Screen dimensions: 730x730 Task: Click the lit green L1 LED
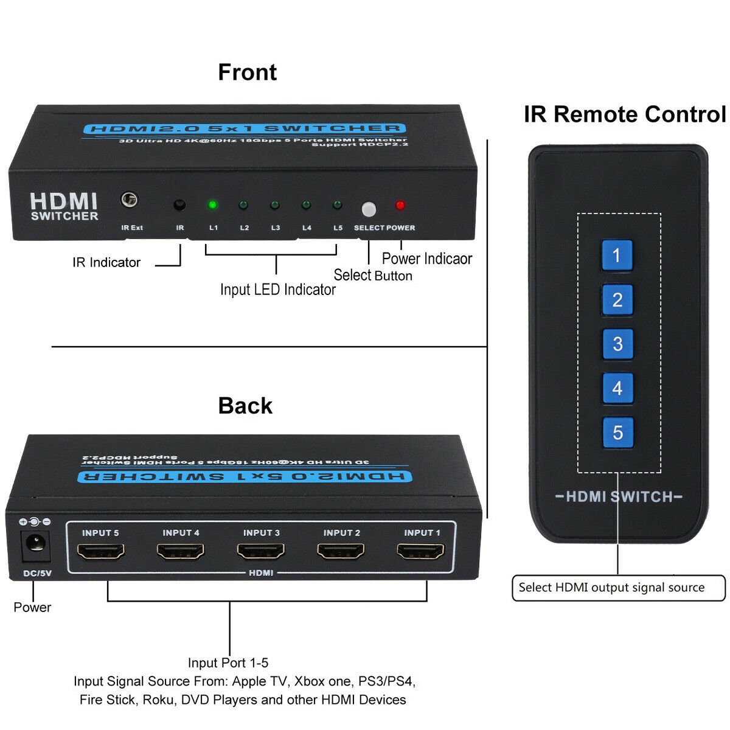pyautogui.click(x=212, y=204)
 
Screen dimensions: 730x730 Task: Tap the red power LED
pyautogui.click(x=400, y=206)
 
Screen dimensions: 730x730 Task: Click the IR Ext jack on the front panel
pyautogui.click(x=129, y=200)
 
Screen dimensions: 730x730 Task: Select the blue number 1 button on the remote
pyautogui.click(x=617, y=255)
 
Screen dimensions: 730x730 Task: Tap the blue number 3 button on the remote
pyautogui.click(x=617, y=344)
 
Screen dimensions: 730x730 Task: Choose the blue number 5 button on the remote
pyautogui.click(x=617, y=433)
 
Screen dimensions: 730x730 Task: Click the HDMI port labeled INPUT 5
pyautogui.click(x=101, y=551)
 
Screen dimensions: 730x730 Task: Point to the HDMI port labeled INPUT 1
pyautogui.click(x=422, y=551)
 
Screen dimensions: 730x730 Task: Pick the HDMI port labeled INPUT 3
pyautogui.click(x=261, y=551)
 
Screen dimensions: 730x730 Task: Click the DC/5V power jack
pyautogui.click(x=35, y=546)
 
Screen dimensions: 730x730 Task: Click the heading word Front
pyautogui.click(x=247, y=72)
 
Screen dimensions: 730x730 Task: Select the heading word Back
pyautogui.click(x=245, y=406)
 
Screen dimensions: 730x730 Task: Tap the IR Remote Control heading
pyautogui.click(x=625, y=114)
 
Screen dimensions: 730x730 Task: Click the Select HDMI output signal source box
pyautogui.click(x=618, y=588)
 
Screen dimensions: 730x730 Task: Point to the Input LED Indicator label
pyautogui.click(x=277, y=290)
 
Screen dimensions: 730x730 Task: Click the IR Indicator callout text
pyautogui.click(x=106, y=263)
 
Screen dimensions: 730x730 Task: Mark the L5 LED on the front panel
pyautogui.click(x=337, y=205)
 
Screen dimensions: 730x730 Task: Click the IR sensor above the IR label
pyautogui.click(x=179, y=205)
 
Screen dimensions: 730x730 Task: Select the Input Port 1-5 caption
pyautogui.click(x=228, y=662)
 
